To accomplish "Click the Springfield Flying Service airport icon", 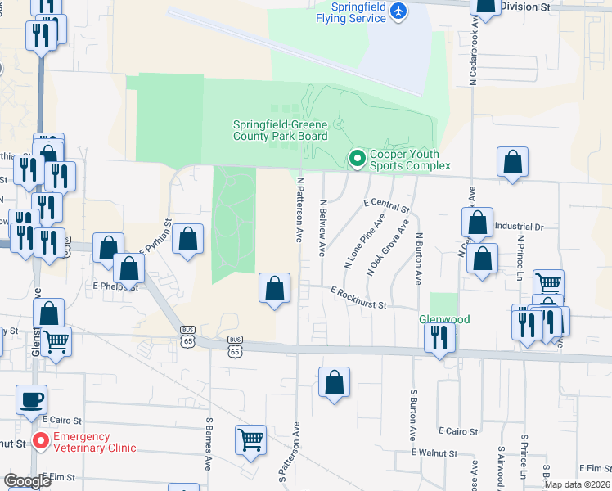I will point(398,11).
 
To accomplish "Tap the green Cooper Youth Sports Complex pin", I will point(357,159).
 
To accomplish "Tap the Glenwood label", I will point(444,319).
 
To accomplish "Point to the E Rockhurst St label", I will point(358,296).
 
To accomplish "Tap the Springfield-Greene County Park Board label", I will point(280,130).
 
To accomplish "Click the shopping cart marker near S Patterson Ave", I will point(251,439).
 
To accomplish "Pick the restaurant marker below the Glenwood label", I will point(440,336).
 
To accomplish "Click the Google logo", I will point(27,481).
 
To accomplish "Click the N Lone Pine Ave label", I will point(366,242).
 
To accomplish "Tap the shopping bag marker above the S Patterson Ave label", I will point(335,382).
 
